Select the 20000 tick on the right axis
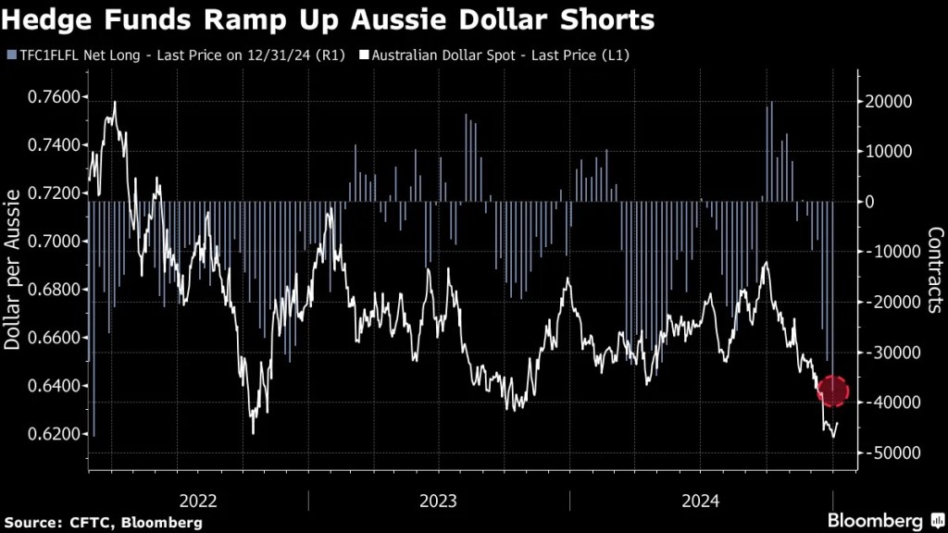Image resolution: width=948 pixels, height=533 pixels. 889,101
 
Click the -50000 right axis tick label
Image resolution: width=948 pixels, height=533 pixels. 888,452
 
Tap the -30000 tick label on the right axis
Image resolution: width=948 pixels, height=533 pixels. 888,353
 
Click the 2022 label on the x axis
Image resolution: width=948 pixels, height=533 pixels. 198,502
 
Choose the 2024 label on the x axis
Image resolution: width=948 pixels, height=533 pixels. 701,502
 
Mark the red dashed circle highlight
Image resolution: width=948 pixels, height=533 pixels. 833,390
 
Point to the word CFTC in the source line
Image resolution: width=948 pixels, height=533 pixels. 89,523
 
